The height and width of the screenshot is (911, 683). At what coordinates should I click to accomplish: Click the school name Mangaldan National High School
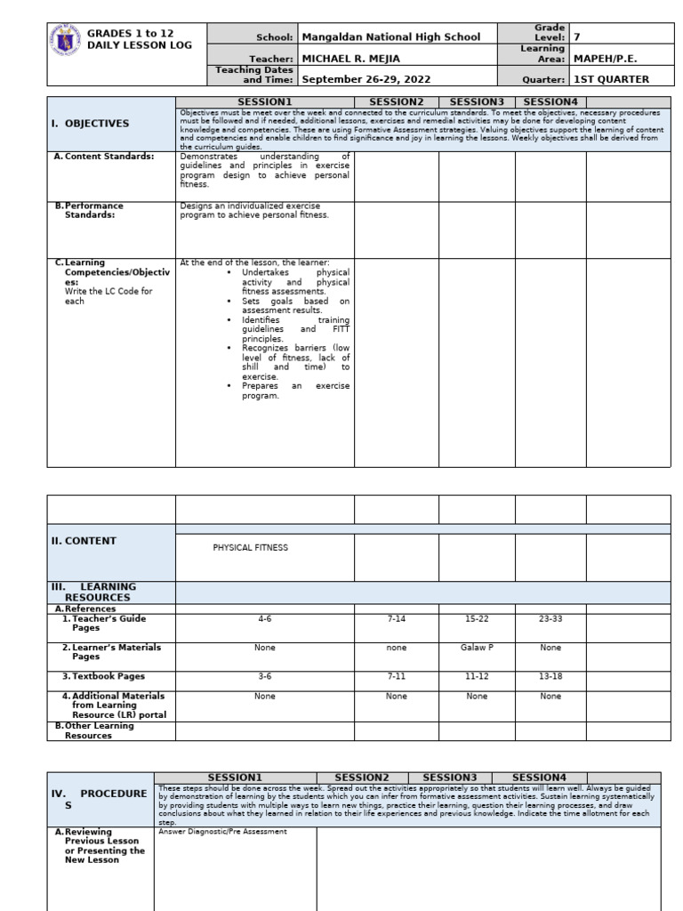(391, 37)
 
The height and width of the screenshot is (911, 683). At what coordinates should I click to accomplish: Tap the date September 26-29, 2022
(366, 79)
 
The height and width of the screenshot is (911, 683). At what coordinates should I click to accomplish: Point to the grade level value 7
(577, 37)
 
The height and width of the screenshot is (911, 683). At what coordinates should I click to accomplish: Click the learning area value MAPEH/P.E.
(612, 58)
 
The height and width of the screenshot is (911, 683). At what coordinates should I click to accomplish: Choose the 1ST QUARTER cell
(612, 79)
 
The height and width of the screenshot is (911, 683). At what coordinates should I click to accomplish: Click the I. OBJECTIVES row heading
(90, 124)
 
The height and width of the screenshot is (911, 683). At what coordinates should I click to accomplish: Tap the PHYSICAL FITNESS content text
(250, 548)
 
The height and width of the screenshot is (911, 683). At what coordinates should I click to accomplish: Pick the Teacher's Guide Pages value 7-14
(397, 618)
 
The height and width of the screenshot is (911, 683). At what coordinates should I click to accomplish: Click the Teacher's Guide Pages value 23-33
(550, 618)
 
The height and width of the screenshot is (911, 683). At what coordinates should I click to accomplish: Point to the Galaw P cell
(477, 648)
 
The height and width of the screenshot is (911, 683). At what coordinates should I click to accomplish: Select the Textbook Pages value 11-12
(477, 676)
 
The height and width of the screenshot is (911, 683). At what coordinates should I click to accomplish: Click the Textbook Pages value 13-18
(550, 676)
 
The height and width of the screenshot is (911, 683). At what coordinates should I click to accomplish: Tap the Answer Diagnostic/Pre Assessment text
(222, 832)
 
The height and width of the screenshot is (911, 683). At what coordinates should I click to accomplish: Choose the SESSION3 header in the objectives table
(477, 102)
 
